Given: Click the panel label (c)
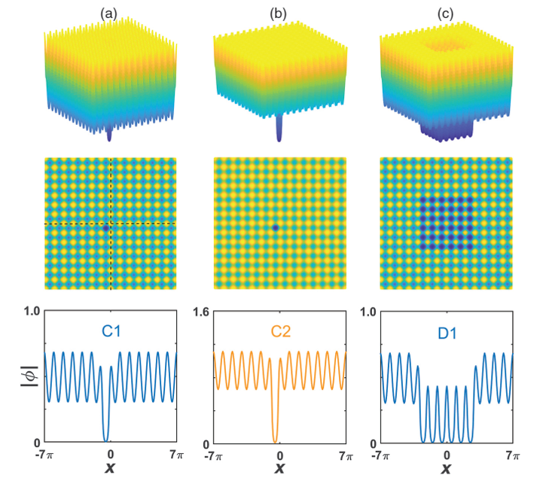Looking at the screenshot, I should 446,12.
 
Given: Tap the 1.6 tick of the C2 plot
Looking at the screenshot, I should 200,310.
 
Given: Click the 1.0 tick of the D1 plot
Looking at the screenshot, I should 369,310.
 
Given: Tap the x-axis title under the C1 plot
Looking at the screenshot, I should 111,470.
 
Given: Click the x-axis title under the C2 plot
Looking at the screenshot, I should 280,470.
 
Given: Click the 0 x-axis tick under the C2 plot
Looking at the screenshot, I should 280,455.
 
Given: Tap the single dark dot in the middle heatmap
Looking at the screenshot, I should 275,227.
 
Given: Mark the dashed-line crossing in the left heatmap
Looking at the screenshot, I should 111,224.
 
